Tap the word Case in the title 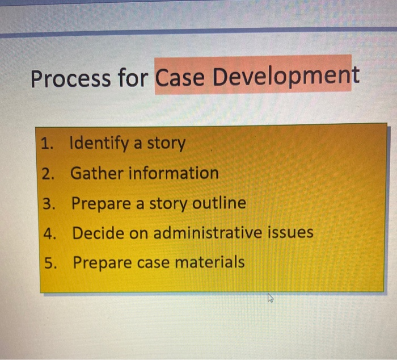tap(180, 78)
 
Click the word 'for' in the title tap(133, 78)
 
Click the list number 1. tap(48, 144)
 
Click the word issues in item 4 tap(290, 233)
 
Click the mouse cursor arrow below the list tap(271, 298)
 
